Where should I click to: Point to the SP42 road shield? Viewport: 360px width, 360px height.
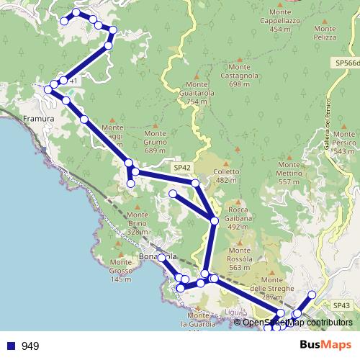181,167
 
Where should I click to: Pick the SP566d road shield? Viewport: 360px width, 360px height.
347,63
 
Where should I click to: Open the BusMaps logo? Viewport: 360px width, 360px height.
325,346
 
